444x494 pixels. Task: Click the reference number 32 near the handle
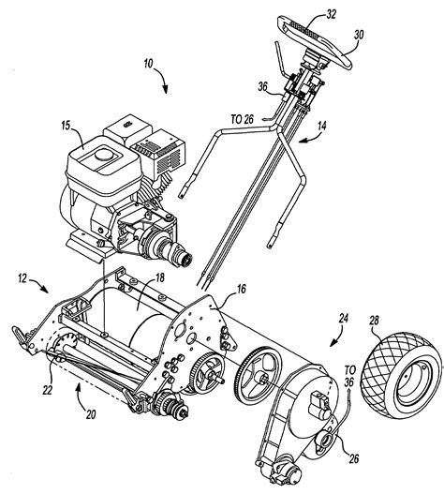[331, 15]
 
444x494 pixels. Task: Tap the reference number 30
[358, 35]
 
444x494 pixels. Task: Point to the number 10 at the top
[148, 64]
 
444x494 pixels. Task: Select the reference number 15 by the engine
[66, 126]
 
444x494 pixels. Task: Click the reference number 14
[321, 126]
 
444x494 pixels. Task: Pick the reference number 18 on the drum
[160, 277]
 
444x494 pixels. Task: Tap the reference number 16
[242, 290]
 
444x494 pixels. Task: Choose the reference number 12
[23, 278]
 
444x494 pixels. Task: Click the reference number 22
[47, 390]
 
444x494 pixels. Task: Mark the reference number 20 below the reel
[90, 414]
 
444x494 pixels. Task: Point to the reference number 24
[343, 319]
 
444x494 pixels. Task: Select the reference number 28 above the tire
[374, 321]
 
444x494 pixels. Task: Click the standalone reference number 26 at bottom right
[354, 458]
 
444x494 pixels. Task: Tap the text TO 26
[243, 119]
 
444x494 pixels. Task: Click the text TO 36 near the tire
[349, 376]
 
